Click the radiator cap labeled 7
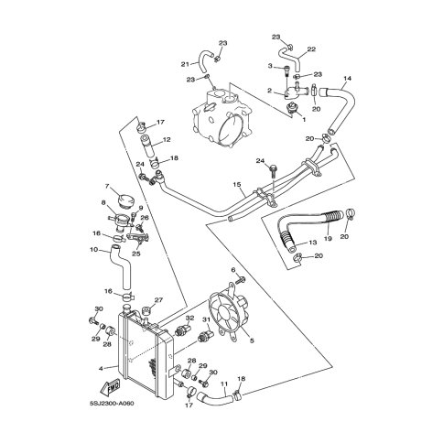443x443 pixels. click(127, 200)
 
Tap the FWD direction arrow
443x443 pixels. click(110, 388)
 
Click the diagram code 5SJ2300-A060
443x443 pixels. click(112, 404)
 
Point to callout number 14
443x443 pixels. click(348, 79)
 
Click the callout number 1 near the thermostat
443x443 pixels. click(304, 120)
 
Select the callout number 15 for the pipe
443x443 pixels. click(237, 184)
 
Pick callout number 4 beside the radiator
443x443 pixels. click(101, 369)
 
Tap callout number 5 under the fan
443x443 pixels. click(252, 340)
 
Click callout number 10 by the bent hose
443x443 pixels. click(94, 250)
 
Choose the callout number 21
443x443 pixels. click(185, 64)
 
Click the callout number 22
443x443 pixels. click(311, 49)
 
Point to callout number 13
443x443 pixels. click(313, 243)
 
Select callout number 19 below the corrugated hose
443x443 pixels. click(328, 239)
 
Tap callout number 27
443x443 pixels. click(158, 300)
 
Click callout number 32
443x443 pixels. click(189, 318)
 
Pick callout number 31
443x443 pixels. click(207, 319)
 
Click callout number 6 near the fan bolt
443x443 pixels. click(233, 270)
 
